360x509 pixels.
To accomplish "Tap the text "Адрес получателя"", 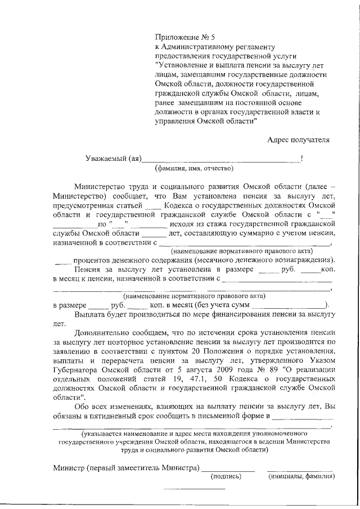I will [x=298, y=139].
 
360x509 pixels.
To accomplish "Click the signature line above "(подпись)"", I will [x=228, y=469].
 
